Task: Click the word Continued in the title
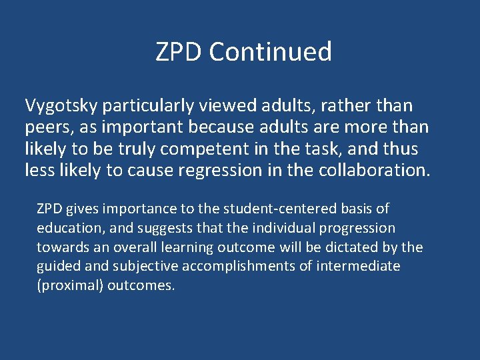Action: tap(270, 51)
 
